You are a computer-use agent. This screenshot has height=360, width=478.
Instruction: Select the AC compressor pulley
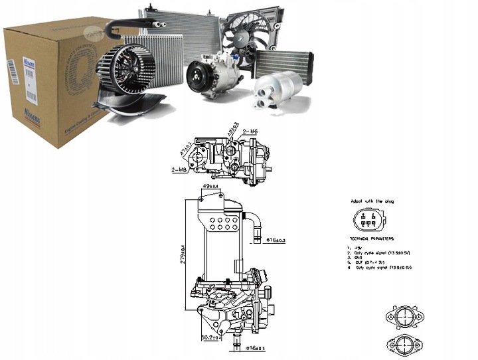click(x=198, y=76)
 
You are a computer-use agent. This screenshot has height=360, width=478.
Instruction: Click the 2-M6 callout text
click(x=251, y=132)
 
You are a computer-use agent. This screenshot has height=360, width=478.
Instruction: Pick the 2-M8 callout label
click(x=181, y=170)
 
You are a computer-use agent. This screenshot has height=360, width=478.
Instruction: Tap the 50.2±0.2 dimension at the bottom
click(x=212, y=338)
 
